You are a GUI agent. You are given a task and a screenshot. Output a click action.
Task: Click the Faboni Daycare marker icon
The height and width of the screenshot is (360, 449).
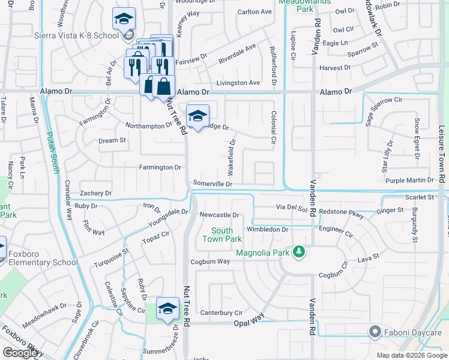tap(375, 332)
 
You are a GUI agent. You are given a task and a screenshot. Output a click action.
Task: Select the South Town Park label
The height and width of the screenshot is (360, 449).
tap(221, 235)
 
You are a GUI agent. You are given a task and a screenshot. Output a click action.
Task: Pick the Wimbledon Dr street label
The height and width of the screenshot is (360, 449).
tap(268, 229)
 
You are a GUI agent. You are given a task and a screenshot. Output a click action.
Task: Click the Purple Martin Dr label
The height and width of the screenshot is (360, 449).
tap(409, 180)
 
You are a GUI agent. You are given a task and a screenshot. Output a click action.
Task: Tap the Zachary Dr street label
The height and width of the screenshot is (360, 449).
tap(95, 193)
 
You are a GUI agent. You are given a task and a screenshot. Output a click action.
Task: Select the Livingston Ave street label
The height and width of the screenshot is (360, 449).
tap(238, 83)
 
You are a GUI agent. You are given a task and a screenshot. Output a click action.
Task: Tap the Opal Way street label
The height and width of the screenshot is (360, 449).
tap(249, 322)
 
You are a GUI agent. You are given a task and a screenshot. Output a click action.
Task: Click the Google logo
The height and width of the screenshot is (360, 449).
tap(20, 353)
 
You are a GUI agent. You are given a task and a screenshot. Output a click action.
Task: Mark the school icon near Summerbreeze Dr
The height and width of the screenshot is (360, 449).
tap(167, 308)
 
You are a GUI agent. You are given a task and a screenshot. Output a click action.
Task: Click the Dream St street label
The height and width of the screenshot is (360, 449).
tap(113, 140)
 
